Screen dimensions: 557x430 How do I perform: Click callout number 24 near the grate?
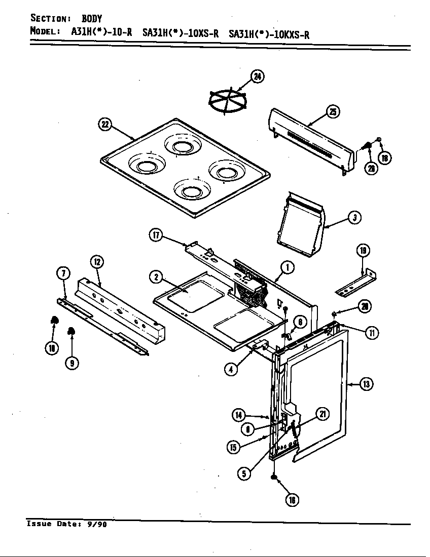coord(258,77)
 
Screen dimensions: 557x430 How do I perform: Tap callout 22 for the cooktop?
coord(105,125)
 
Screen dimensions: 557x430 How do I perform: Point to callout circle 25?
coord(333,112)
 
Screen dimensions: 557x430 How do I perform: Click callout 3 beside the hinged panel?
coord(354,218)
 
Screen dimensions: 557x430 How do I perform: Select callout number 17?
coord(156,234)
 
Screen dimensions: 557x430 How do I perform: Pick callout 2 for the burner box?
coord(156,276)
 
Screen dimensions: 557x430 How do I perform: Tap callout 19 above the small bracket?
coord(363,250)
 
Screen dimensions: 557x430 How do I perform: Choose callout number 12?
coord(97,262)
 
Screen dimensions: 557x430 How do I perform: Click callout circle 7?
coord(63,274)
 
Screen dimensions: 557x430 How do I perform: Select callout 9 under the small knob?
coord(73,363)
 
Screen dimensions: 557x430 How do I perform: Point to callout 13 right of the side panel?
coord(367,384)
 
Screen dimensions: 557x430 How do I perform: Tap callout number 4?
coord(231,369)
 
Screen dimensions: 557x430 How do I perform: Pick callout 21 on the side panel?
coord(322,414)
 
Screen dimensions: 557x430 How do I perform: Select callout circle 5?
coord(244,473)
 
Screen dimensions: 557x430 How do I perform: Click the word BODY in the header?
coord(92,19)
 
